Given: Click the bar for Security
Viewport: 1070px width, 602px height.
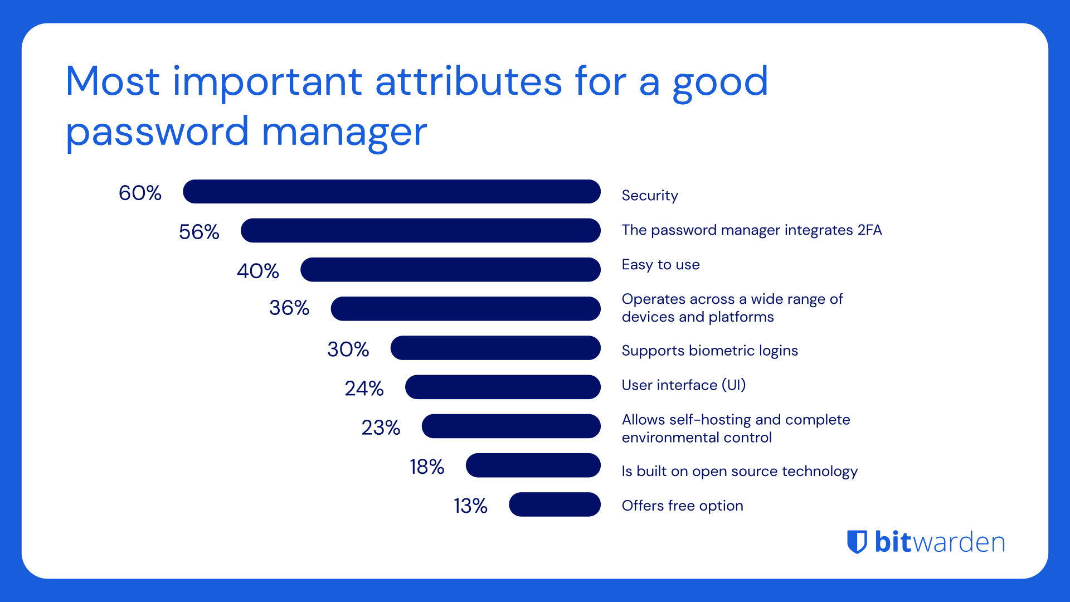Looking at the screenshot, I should pos(391,192).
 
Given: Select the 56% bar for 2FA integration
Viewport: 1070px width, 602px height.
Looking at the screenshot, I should pos(420,231).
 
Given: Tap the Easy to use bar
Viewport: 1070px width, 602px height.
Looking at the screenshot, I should pos(450,270).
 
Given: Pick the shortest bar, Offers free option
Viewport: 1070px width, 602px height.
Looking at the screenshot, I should pos(555,504).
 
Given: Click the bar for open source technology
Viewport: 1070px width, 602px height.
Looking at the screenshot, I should pos(533,465).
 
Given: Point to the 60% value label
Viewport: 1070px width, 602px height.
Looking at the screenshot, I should pos(140,193).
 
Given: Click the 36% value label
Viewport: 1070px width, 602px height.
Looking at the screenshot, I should pos(289,308).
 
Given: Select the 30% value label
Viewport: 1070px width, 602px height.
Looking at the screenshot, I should pos(348,349).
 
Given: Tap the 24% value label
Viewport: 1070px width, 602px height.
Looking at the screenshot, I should pos(364,389).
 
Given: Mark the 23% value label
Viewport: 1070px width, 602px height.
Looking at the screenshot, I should pos(381,428).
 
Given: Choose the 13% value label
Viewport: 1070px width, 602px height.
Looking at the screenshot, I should pos(470,506).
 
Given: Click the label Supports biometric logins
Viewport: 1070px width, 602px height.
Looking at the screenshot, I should pos(709,351).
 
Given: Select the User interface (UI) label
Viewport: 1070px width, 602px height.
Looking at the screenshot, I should pos(683,385).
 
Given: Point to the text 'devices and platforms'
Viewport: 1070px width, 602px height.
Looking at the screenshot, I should pos(698,317).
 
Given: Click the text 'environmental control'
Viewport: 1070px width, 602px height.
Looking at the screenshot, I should pos(697,438).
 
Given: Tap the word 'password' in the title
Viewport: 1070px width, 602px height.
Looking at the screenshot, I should pos(157,133).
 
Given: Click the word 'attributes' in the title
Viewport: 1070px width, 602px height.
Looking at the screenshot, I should pos(468,82).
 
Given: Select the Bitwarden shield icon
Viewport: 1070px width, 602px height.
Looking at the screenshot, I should pos(857,542).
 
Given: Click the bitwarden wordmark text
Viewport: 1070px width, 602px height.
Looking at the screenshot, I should pos(940,542).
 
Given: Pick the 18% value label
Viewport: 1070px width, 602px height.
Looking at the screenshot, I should pos(427,467).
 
